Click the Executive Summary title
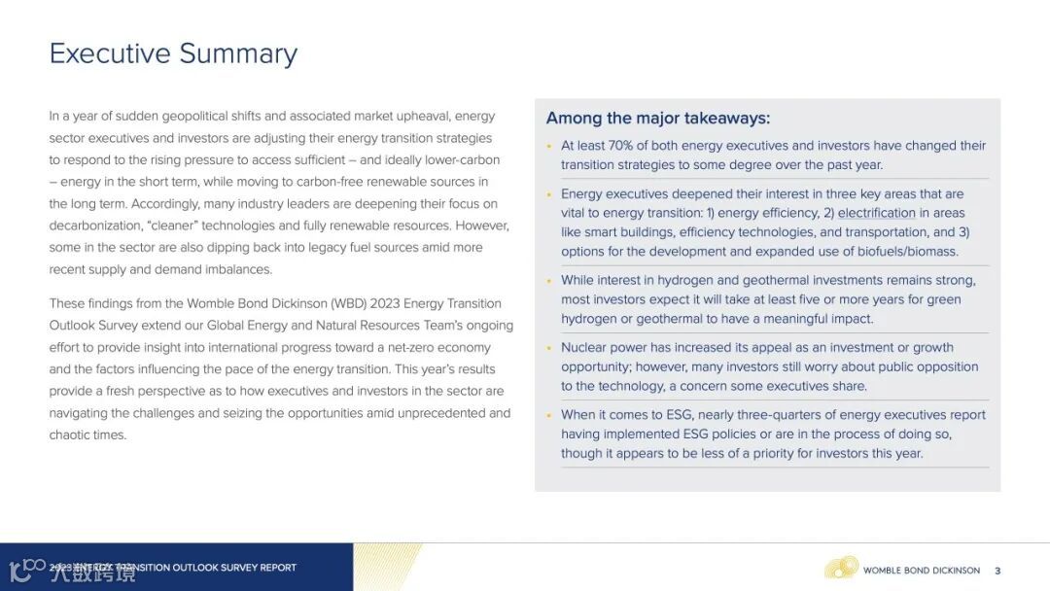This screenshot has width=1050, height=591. click(x=173, y=53)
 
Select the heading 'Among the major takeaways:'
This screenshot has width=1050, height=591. click(x=657, y=119)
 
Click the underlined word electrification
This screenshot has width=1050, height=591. click(x=876, y=213)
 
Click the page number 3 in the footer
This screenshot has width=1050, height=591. click(x=997, y=571)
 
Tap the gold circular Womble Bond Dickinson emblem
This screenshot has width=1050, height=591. click(x=841, y=568)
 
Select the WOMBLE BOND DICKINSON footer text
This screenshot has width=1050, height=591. click(x=922, y=571)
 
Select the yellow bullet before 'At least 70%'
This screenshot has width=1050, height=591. click(x=549, y=147)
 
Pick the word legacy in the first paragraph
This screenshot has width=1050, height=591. click(x=308, y=248)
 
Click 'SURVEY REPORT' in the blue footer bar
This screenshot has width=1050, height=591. click(x=259, y=568)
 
